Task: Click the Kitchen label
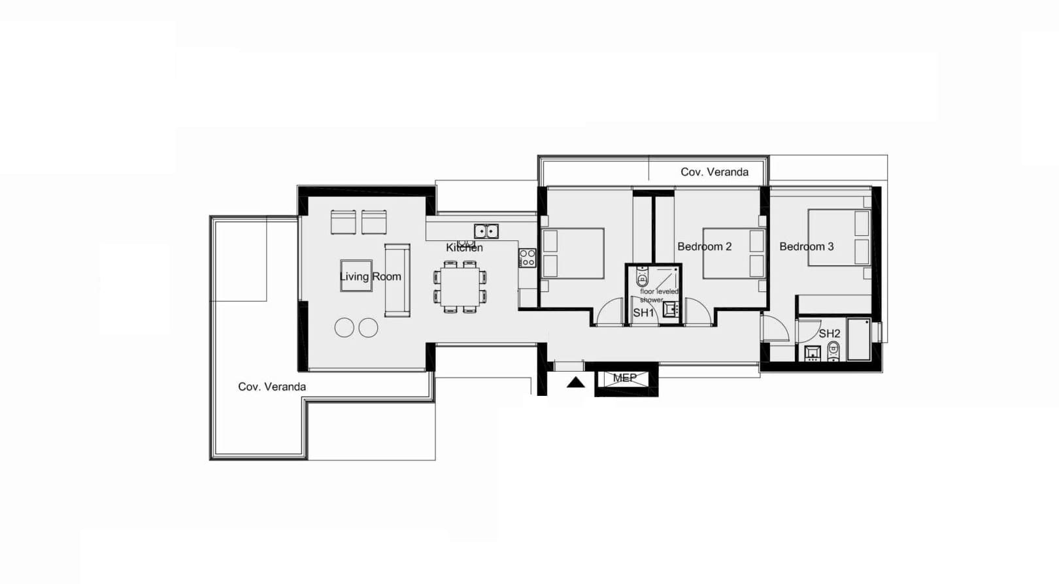click(464, 248)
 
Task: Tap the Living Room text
click(370, 276)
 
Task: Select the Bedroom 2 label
click(705, 246)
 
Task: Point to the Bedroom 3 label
click(807, 246)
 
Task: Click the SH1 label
click(643, 313)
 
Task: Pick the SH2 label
click(830, 334)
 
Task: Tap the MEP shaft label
click(624, 378)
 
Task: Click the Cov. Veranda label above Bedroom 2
click(714, 172)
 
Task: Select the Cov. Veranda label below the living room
click(272, 387)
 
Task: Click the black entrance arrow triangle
click(575, 383)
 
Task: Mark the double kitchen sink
click(486, 231)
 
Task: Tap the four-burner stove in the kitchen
click(527, 258)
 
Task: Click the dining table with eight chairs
click(460, 287)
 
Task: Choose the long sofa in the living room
click(397, 280)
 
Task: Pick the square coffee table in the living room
click(356, 276)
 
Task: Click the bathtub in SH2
click(860, 339)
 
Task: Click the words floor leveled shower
click(658, 296)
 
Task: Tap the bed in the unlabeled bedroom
click(573, 253)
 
